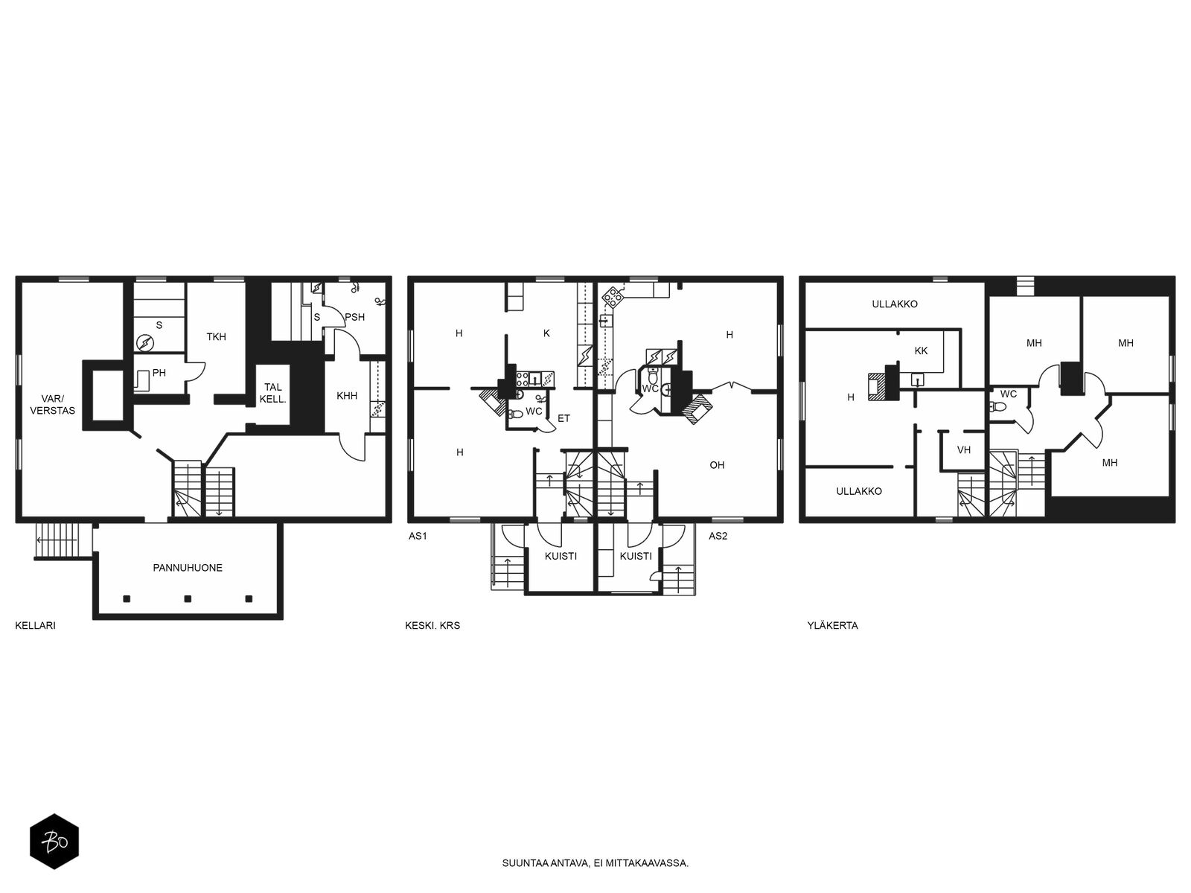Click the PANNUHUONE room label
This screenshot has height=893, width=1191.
tap(187, 568)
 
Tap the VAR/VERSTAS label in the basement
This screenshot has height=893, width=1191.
tap(53, 405)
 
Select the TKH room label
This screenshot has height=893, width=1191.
tap(216, 336)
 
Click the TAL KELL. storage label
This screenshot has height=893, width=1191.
tap(273, 393)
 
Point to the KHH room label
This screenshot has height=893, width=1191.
tap(347, 396)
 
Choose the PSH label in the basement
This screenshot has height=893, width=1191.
tap(355, 317)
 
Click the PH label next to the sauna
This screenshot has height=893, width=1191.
tap(159, 373)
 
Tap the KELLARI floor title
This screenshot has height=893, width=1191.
tap(35, 625)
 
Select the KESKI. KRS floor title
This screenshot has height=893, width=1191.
tap(432, 625)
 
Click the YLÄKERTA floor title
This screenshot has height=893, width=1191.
tap(832, 625)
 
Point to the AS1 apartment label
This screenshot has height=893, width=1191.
tap(418, 536)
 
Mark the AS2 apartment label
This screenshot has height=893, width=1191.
tap(718, 536)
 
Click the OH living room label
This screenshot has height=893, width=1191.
tap(717, 464)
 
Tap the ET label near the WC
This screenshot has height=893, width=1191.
tap(563, 418)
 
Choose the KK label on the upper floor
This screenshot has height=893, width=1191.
tap(921, 351)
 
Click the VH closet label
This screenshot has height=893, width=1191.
tap(964, 449)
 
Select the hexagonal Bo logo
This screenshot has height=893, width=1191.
tap(54, 842)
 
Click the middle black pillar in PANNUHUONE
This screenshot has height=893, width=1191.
tap(188, 598)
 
